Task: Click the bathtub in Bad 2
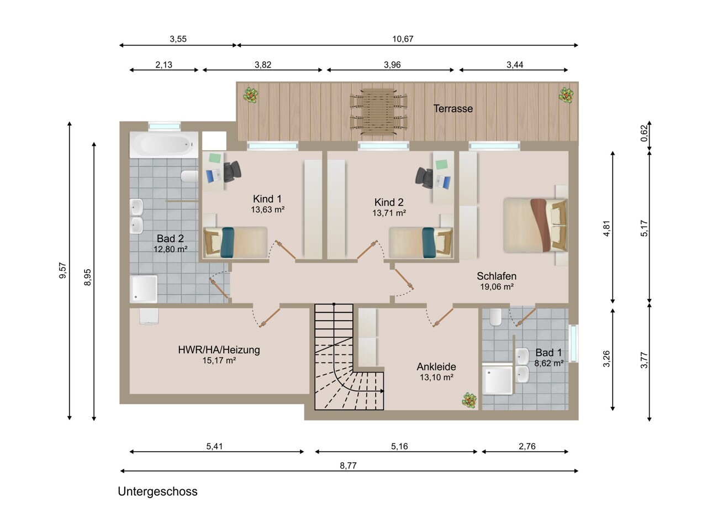click(x=164, y=144)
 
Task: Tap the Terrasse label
click(x=453, y=109)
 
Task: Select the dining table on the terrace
click(x=378, y=112)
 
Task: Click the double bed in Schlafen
click(x=535, y=225)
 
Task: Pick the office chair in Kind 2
click(x=424, y=177)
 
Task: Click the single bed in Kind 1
click(x=235, y=242)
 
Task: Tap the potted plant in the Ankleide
click(x=469, y=401)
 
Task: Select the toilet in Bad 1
click(x=495, y=317)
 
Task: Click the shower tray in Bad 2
click(x=144, y=289)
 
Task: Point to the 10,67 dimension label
click(x=403, y=39)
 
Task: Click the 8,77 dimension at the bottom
click(x=348, y=465)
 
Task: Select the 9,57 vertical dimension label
click(x=63, y=270)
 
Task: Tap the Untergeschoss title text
click(x=158, y=491)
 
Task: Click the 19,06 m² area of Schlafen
click(x=497, y=287)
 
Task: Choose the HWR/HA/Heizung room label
click(x=219, y=349)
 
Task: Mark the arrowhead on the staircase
click(x=382, y=391)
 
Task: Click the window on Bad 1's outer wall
click(x=573, y=343)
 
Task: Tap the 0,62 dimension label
click(x=645, y=133)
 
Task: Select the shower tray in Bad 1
click(x=498, y=380)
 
